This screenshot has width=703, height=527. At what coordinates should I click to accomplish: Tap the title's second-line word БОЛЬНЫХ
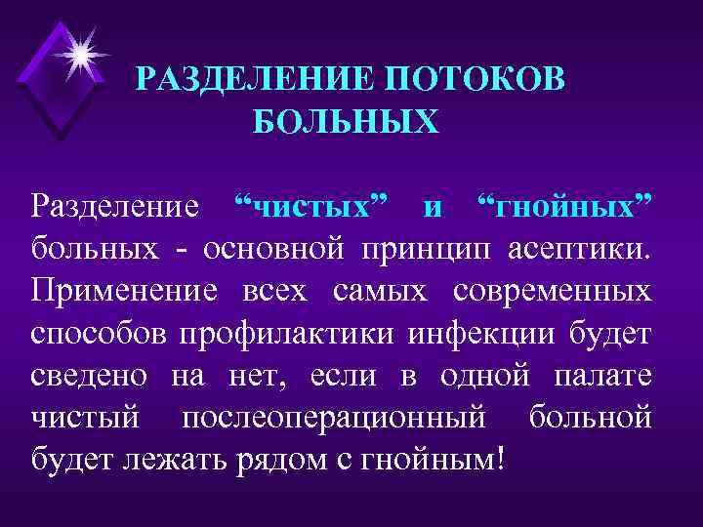click(347, 122)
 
